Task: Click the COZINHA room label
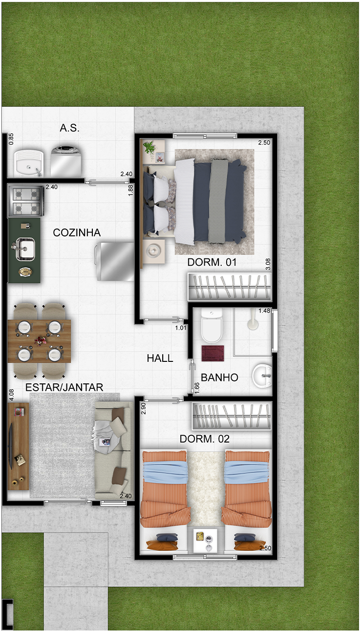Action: coord(77,232)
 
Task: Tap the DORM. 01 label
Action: coord(212,262)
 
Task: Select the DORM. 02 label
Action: coord(205,439)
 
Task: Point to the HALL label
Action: coord(160,358)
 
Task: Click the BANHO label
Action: coord(219,377)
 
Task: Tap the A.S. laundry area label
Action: coord(69,128)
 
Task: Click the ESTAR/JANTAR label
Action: coord(64,387)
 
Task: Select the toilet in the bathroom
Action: coord(212,325)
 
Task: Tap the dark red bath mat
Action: coord(213,353)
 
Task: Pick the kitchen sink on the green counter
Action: coord(25,249)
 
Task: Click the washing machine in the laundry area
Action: coord(66,160)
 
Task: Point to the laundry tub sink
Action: coord(29,163)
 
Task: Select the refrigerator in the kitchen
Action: coord(114,261)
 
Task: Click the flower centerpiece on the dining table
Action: coord(39,341)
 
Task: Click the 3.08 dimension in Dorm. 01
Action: coord(268,264)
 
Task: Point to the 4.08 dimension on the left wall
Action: coord(11,395)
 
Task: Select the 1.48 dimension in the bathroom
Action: coord(264,311)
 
